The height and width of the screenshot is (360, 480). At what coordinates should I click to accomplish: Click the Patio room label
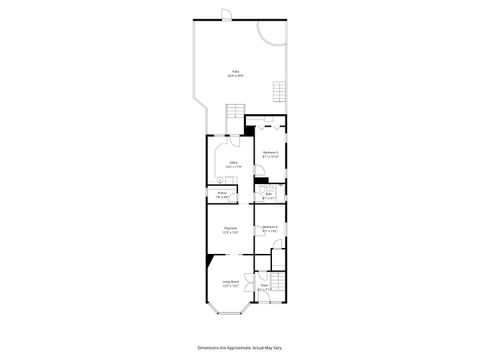[235, 71]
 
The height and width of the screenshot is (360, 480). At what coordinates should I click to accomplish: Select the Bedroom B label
[270, 153]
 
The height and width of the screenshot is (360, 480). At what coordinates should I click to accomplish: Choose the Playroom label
[230, 229]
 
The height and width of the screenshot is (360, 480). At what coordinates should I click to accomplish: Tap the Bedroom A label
[270, 229]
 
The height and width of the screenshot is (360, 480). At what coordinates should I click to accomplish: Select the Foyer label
[264, 287]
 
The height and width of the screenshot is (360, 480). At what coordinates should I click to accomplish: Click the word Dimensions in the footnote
[213, 346]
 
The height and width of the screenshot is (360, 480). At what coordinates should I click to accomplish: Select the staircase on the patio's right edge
[279, 95]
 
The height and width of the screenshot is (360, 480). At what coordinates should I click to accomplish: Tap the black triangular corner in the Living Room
[208, 264]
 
